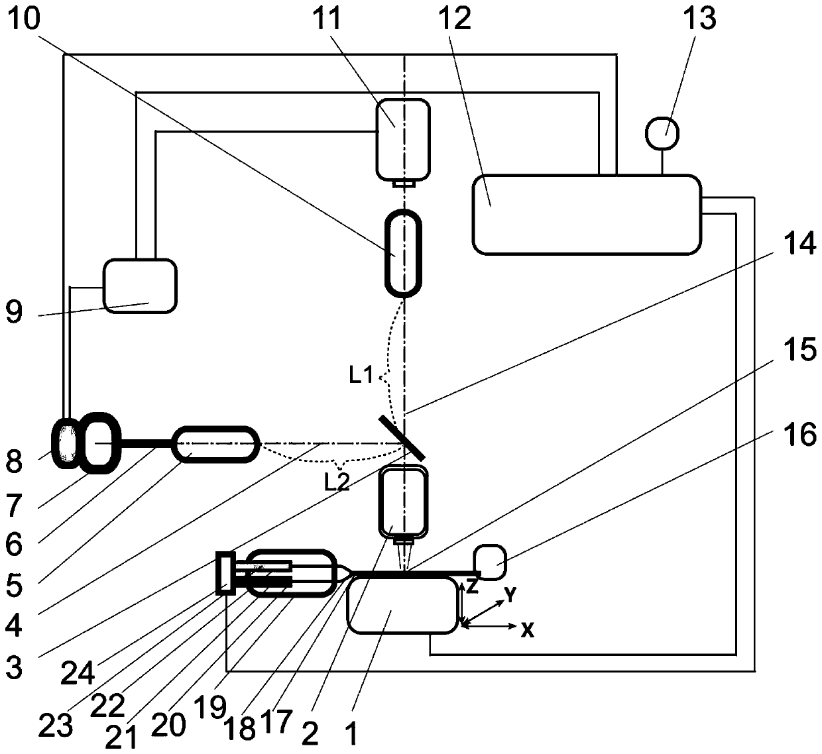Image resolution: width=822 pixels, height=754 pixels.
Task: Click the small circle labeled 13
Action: pos(662,133)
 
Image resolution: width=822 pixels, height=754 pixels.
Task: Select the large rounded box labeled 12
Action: pos(586,215)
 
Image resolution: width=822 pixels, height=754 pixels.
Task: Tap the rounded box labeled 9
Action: pos(140,285)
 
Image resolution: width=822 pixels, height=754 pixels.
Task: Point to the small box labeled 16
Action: pos(490,562)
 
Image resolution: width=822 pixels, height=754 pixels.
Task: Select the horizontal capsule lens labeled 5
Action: pos(215,443)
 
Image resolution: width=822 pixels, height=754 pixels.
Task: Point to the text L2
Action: pos(337,482)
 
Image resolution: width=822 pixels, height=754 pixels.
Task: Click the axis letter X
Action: pos(527,630)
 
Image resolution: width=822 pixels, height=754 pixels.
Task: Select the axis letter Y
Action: pos(510,595)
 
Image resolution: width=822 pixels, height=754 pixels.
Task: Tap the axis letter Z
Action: pos(471,585)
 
